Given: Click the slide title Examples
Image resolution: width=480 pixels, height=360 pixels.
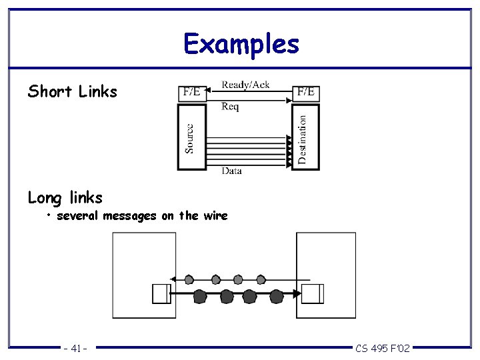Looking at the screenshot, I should tap(241, 44).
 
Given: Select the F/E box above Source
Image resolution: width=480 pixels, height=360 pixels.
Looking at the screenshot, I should tap(191, 93).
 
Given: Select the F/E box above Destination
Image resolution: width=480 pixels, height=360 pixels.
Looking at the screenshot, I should tap(306, 92).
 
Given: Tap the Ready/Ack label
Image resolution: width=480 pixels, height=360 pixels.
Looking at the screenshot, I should tap(245, 85).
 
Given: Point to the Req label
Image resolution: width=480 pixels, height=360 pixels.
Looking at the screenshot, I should tap(230, 107).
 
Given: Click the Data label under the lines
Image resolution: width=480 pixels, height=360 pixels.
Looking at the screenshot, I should tap(231, 171).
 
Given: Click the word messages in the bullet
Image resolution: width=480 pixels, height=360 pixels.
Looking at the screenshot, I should tap(129, 215).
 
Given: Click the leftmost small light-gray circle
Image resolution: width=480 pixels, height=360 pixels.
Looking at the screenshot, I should tap(189, 279).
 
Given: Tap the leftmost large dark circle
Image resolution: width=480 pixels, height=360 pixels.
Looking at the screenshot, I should tap(200, 296).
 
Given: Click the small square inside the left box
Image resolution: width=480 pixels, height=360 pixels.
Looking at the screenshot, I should tap(161, 294).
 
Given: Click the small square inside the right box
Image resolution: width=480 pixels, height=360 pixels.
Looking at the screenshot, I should tap(312, 293).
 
